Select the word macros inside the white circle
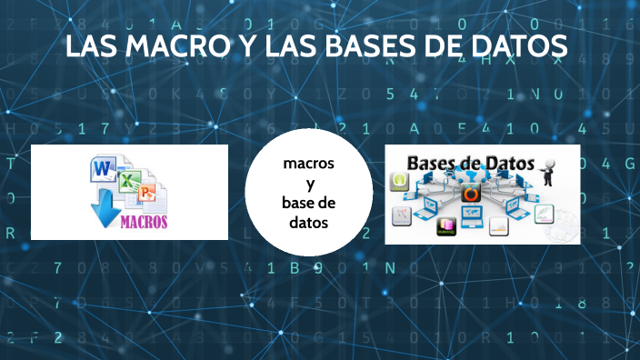click(308, 164)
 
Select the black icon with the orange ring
click(470, 193)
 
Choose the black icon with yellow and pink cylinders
click(446, 227)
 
